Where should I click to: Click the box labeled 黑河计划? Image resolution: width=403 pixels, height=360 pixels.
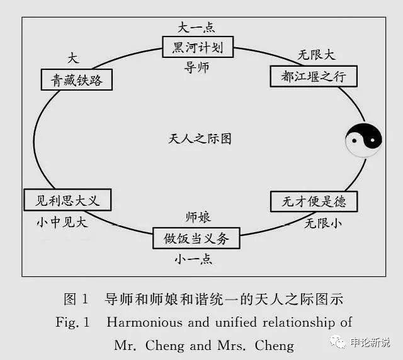[x=198, y=47]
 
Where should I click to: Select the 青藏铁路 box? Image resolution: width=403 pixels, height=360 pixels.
[x=77, y=79]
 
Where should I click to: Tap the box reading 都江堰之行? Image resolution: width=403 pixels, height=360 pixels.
[x=314, y=76]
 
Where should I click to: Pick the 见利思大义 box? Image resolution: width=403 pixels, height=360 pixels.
[x=67, y=200]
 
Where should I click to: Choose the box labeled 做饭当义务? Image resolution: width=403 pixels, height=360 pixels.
[x=196, y=238]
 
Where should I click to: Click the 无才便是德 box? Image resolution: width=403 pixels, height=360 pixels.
[x=314, y=201]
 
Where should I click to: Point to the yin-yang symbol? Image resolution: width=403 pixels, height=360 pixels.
[x=363, y=140]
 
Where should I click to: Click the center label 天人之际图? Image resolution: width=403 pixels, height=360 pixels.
[x=200, y=138]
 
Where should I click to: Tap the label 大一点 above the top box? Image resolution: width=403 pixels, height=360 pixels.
[x=196, y=27]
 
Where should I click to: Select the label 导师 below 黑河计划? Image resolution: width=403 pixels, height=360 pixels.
[x=196, y=67]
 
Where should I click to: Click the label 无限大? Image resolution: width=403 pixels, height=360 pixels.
[x=317, y=55]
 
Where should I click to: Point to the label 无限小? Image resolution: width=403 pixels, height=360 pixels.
[x=323, y=223]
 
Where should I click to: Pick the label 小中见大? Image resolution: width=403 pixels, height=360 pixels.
[x=62, y=222]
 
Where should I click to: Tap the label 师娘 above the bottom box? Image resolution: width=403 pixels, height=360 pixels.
[x=198, y=217]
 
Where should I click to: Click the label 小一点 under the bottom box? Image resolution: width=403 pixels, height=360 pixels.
[x=193, y=259]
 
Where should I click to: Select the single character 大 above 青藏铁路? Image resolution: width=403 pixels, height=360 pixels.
[x=73, y=59]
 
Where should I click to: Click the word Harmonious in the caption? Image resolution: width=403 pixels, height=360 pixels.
[x=144, y=322]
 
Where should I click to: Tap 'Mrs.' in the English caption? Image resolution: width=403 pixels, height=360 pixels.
[x=232, y=346]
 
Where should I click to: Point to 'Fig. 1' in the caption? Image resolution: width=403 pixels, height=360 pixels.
[x=72, y=322]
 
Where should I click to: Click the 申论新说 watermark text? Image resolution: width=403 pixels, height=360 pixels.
[x=370, y=342]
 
